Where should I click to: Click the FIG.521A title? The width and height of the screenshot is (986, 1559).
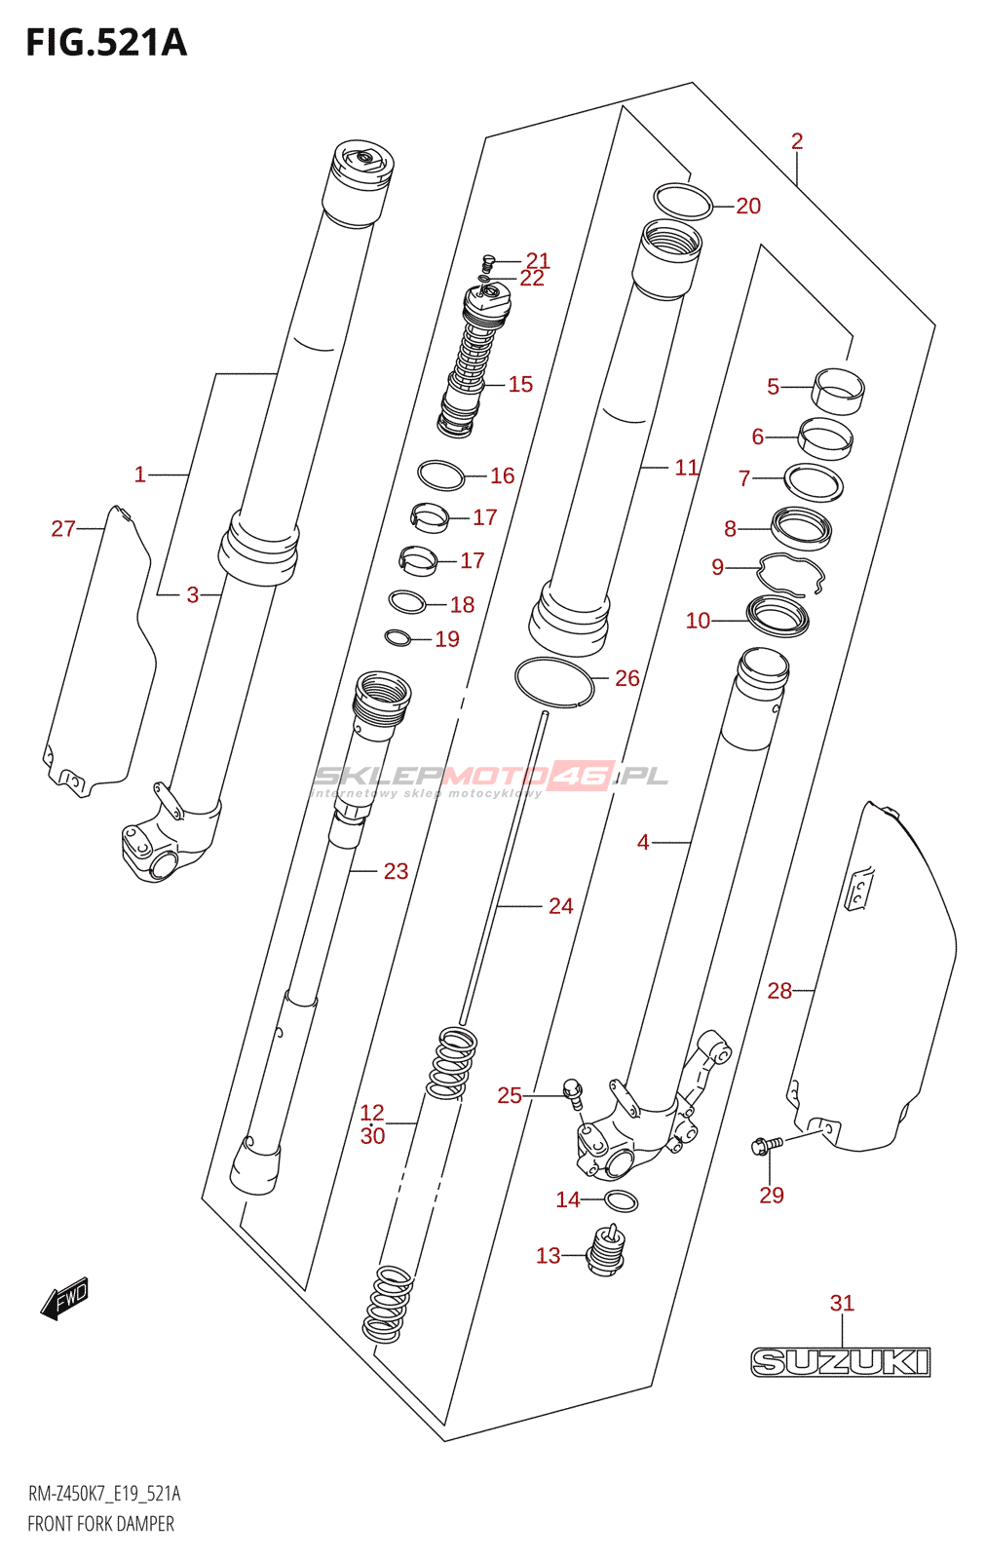click(x=106, y=43)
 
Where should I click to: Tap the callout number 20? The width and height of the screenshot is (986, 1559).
click(x=748, y=206)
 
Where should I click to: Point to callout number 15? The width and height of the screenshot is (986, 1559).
click(x=520, y=384)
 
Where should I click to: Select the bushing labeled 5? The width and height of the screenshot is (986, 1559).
click(x=839, y=391)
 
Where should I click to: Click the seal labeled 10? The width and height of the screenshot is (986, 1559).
click(x=777, y=616)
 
